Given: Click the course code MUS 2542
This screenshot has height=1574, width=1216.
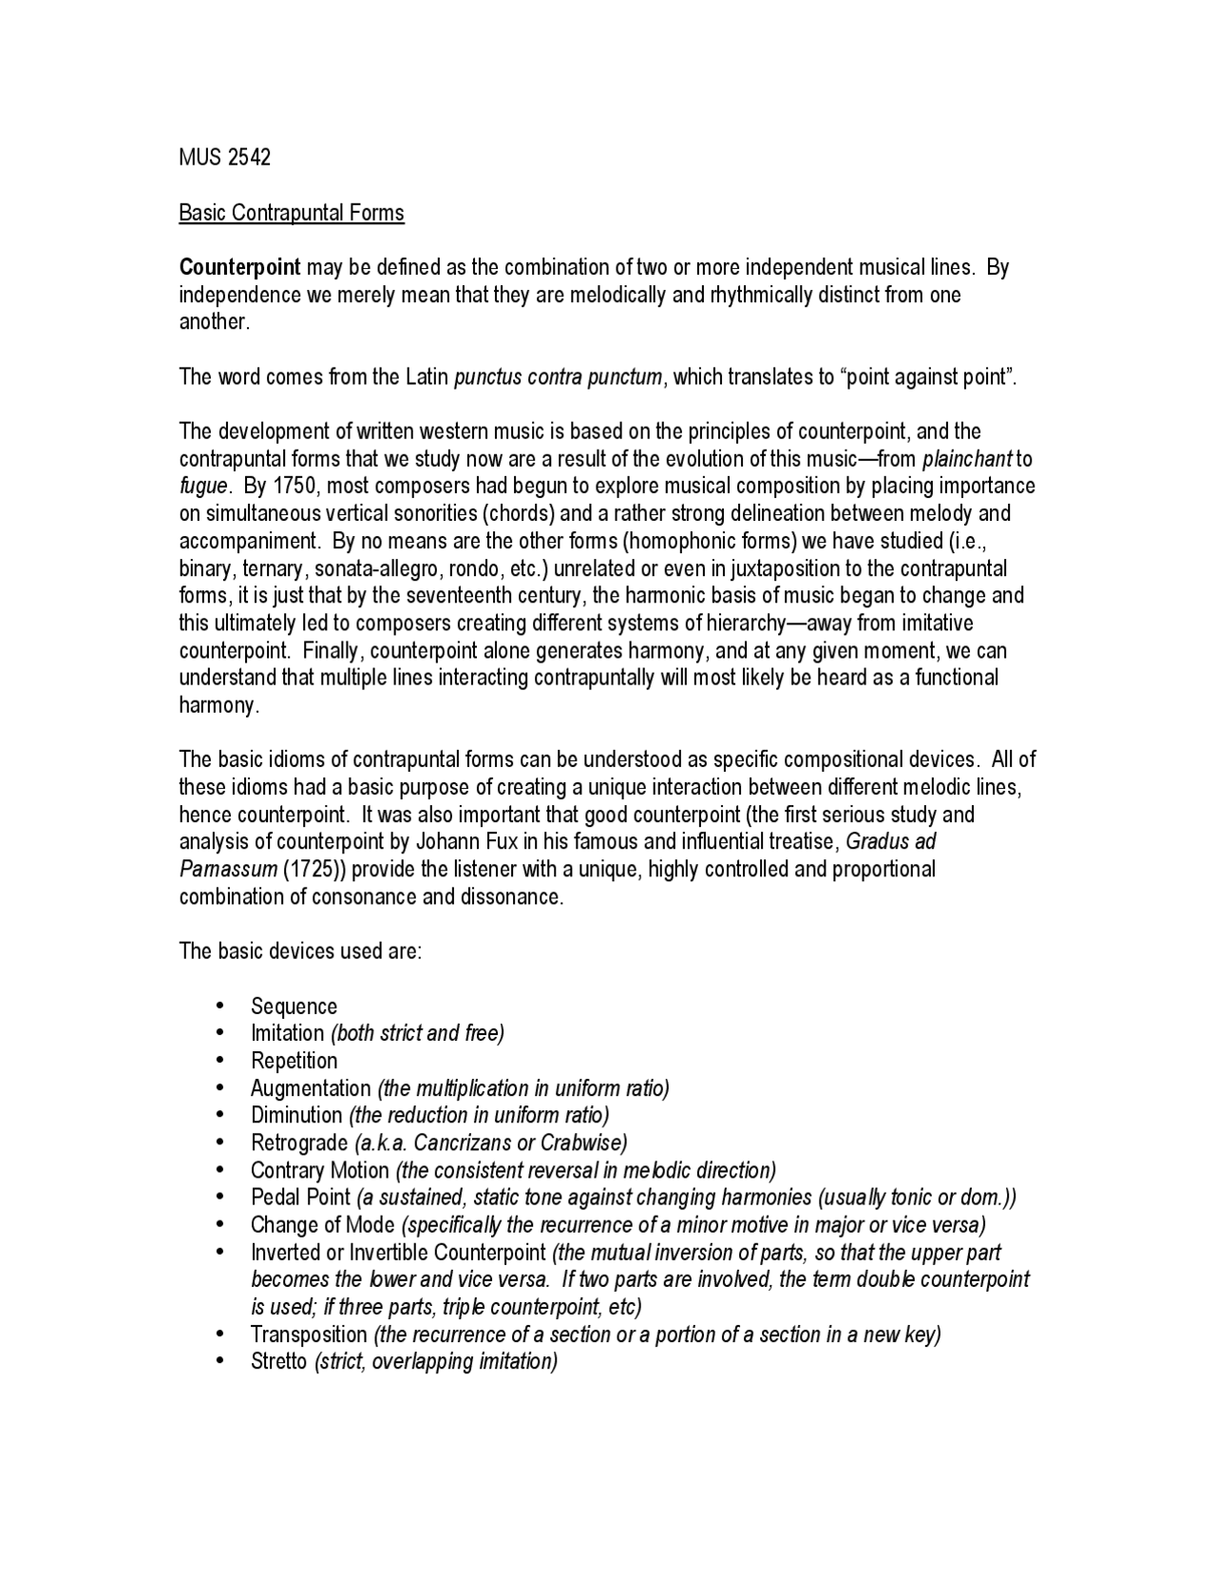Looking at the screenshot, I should click(225, 158).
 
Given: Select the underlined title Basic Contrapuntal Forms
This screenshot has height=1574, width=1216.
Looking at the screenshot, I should click(292, 213).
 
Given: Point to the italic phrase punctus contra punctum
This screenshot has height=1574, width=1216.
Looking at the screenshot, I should click(559, 377).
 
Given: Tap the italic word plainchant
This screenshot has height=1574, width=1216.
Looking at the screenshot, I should click(967, 459).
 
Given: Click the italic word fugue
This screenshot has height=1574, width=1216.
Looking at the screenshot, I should click(203, 487).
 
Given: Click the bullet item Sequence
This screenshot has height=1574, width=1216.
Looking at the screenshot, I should click(294, 1007).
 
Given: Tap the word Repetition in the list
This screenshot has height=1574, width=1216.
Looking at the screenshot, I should click(294, 1061).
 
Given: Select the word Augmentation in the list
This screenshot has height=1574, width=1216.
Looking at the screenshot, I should click(311, 1088).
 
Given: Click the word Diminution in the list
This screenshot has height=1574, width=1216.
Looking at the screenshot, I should click(296, 1116).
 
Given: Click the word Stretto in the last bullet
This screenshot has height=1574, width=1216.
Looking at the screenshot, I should click(278, 1362).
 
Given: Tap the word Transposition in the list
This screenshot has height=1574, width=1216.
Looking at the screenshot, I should click(309, 1334).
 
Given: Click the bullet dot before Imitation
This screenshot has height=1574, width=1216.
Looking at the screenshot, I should click(220, 1033).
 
